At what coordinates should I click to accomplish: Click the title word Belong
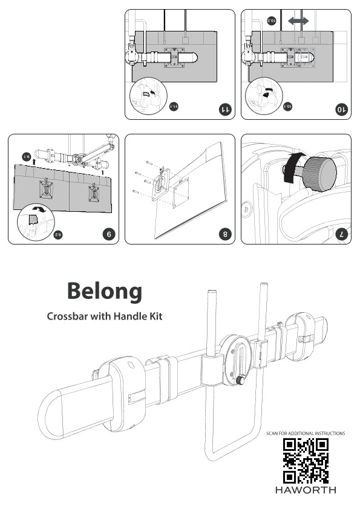coord(105,291)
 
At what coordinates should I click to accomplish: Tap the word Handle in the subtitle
coord(129,316)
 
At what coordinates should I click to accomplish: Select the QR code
coord(306,460)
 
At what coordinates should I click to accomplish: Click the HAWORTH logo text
coord(306,490)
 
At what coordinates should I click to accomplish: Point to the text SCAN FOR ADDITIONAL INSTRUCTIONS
coord(306,433)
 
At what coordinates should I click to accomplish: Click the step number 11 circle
coord(224,110)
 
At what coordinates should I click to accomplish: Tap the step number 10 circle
coord(341,110)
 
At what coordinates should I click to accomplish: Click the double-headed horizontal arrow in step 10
coord(298,21)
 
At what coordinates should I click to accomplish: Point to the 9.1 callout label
coord(26,156)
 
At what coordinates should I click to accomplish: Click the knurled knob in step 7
coord(320,171)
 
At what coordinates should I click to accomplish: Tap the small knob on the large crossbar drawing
coord(241,381)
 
